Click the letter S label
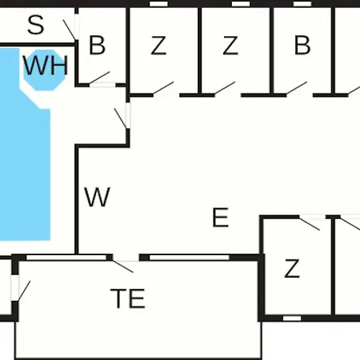pyautogui.click(x=35, y=25)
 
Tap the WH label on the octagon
pyautogui.click(x=46, y=66)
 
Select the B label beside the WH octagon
pyautogui.click(x=97, y=45)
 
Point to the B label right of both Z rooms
pyautogui.click(x=302, y=45)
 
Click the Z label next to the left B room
pyautogui.click(x=158, y=46)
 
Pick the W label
pyautogui.click(x=97, y=197)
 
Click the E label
pyautogui.click(x=221, y=218)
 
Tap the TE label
pyautogui.click(x=128, y=298)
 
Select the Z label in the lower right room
pyautogui.click(x=292, y=269)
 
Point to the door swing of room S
pyautogui.click(x=70, y=30)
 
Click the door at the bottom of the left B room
pyautogui.click(x=99, y=78)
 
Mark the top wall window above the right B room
pyautogui.click(x=302, y=4)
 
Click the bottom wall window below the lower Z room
pyautogui.click(x=292, y=318)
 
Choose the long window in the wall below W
pyautogui.click(x=66, y=258)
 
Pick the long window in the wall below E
pyautogui.click(x=190, y=258)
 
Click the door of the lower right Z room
pyautogui.click(x=310, y=224)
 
